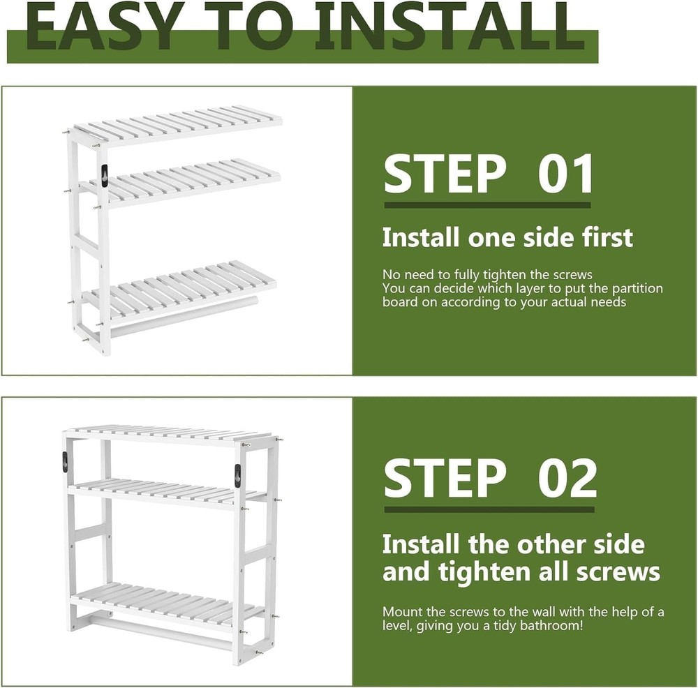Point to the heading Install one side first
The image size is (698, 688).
(507, 237)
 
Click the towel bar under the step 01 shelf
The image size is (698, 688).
(181, 317)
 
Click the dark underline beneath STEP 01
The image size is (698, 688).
(487, 205)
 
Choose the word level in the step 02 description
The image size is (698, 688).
(399, 626)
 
